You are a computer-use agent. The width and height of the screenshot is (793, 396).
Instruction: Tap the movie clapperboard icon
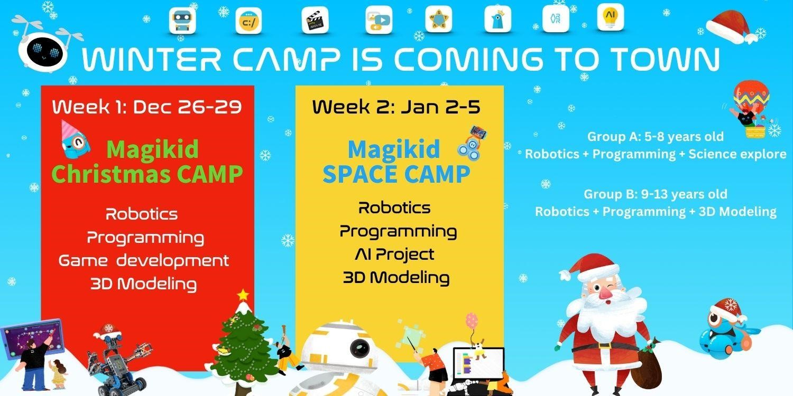pyautogui.click(x=315, y=20)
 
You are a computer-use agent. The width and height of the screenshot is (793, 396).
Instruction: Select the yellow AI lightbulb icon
pyautogui.click(x=611, y=17)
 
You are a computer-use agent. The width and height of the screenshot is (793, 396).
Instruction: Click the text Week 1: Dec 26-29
pyautogui.click(x=147, y=107)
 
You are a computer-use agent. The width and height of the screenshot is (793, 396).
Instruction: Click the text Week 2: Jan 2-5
pyautogui.click(x=396, y=107)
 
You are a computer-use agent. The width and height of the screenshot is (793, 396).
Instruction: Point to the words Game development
pyautogui.click(x=144, y=260)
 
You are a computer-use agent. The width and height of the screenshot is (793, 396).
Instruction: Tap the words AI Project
pyautogui.click(x=395, y=254)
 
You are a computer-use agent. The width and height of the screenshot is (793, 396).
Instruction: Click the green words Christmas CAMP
pyautogui.click(x=147, y=174)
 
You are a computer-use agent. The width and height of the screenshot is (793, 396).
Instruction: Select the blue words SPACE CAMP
pyautogui.click(x=396, y=174)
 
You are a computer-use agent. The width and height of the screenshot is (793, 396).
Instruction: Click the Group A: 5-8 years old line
pyautogui.click(x=655, y=137)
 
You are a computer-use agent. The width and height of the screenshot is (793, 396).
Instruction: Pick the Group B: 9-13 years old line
pyautogui.click(x=655, y=194)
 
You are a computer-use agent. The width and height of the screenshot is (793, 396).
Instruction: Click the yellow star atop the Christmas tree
pyautogui.click(x=243, y=294)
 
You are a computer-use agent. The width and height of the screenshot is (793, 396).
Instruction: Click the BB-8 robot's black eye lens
pyautogui.click(x=362, y=347)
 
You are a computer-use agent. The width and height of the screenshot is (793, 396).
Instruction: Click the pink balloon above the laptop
pyautogui.click(x=471, y=320)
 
